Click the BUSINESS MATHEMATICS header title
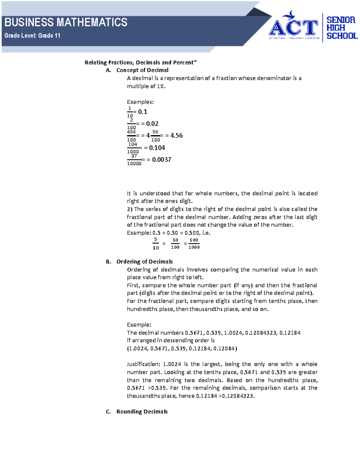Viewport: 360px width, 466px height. click(66, 23)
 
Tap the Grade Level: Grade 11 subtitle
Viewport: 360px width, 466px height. click(32, 36)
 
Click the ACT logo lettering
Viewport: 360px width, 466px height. click(293, 28)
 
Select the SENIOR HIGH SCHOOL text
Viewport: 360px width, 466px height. click(341, 28)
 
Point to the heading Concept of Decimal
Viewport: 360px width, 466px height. click(142, 70)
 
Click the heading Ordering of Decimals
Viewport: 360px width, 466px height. click(144, 262)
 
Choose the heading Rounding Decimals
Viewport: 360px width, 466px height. click(142, 412)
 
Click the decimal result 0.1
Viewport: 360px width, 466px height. click(142, 112)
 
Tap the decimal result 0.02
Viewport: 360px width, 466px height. click(152, 124)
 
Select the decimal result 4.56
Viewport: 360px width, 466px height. click(176, 136)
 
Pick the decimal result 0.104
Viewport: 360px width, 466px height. click(157, 148)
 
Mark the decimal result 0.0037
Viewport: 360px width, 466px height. click(161, 160)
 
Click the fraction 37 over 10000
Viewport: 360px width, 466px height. click(134, 160)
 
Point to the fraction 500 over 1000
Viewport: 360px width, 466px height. click(194, 244)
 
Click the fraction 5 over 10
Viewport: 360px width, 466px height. click(155, 244)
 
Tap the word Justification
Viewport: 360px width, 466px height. click(143, 364)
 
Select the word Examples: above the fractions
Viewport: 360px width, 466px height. click(140, 102)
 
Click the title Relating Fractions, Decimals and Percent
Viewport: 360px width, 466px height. click(140, 62)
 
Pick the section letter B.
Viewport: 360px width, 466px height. click(108, 262)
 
